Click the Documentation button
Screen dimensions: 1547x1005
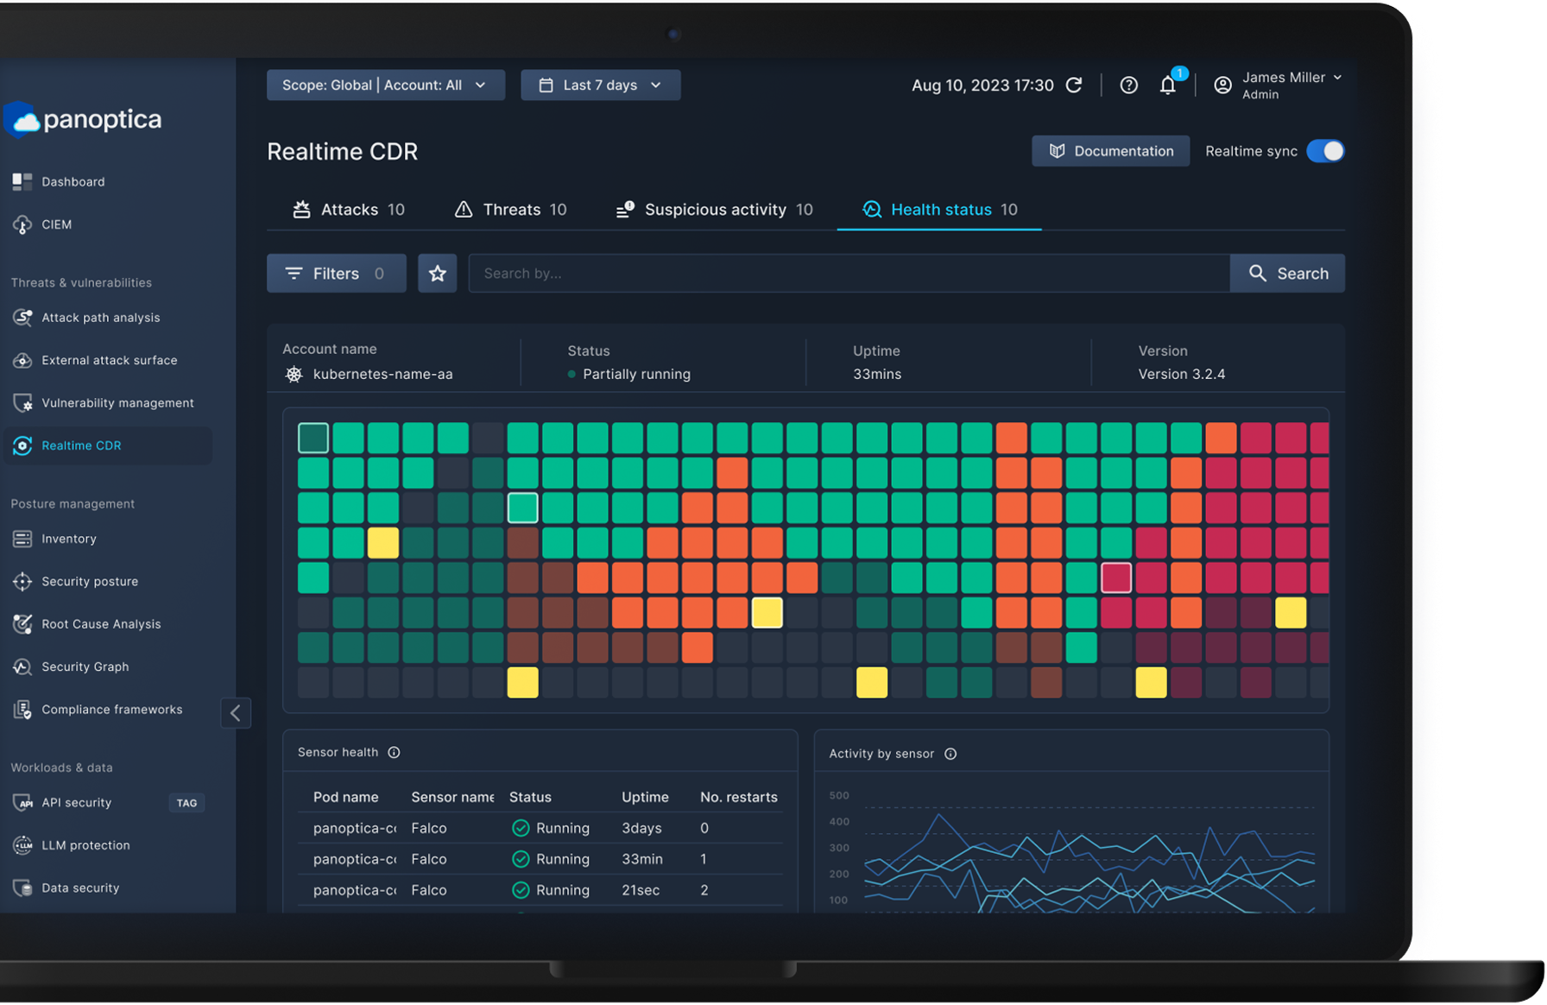[x=1110, y=151]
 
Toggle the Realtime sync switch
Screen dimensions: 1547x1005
[x=1325, y=151]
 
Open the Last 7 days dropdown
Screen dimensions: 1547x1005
[x=600, y=85]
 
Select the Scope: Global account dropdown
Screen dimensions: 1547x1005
[x=385, y=85]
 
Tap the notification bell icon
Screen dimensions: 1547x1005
[x=1168, y=85]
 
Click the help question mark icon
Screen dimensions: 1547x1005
[x=1128, y=85]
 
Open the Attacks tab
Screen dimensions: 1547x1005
[x=349, y=210]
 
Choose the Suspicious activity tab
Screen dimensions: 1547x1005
[x=715, y=210]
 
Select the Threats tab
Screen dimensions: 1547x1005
[x=511, y=210]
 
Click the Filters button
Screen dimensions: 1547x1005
[x=336, y=274]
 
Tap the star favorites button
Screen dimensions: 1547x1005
[x=438, y=274]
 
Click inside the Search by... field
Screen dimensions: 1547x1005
[x=849, y=274]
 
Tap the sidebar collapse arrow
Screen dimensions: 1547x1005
[x=236, y=713]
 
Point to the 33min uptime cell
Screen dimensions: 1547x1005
[x=642, y=859]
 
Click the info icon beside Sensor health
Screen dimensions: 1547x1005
[x=394, y=752]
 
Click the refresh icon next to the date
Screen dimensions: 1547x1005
[x=1074, y=85]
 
